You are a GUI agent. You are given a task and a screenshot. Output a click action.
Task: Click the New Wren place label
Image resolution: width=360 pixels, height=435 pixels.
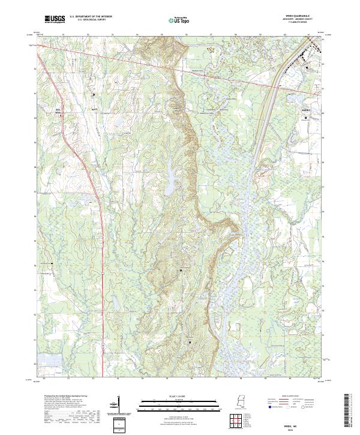58,110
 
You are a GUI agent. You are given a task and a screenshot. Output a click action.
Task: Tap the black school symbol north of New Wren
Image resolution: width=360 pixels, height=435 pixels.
94,95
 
